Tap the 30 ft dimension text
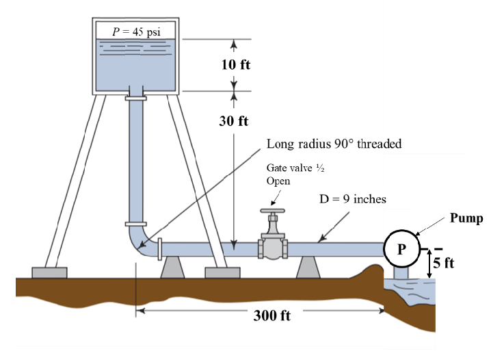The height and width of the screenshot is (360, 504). click(x=234, y=121)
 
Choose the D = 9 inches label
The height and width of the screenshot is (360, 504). click(x=353, y=199)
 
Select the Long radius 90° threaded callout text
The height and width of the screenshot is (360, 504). click(x=334, y=144)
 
